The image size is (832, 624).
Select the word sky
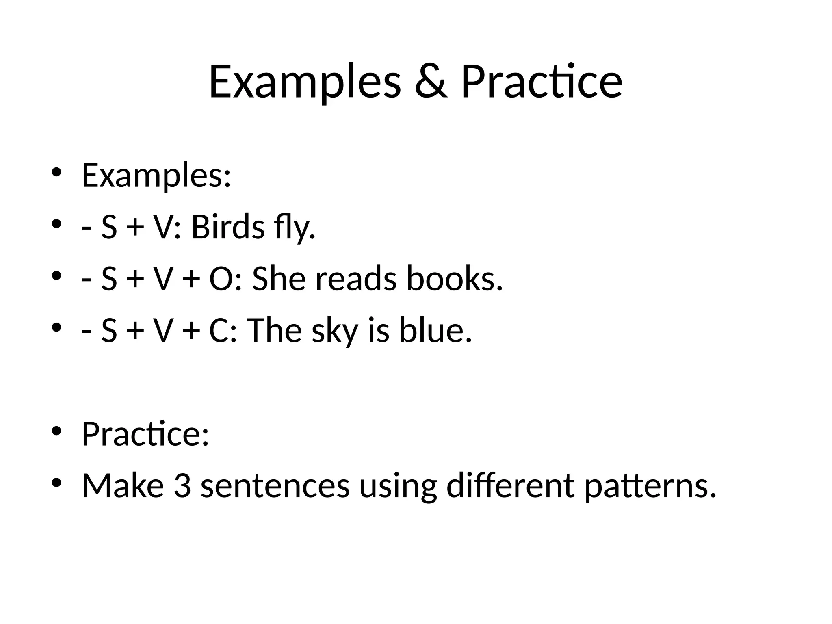point(335,331)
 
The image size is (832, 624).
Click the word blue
point(435,330)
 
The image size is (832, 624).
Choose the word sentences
point(275,486)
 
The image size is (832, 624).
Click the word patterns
point(650,486)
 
